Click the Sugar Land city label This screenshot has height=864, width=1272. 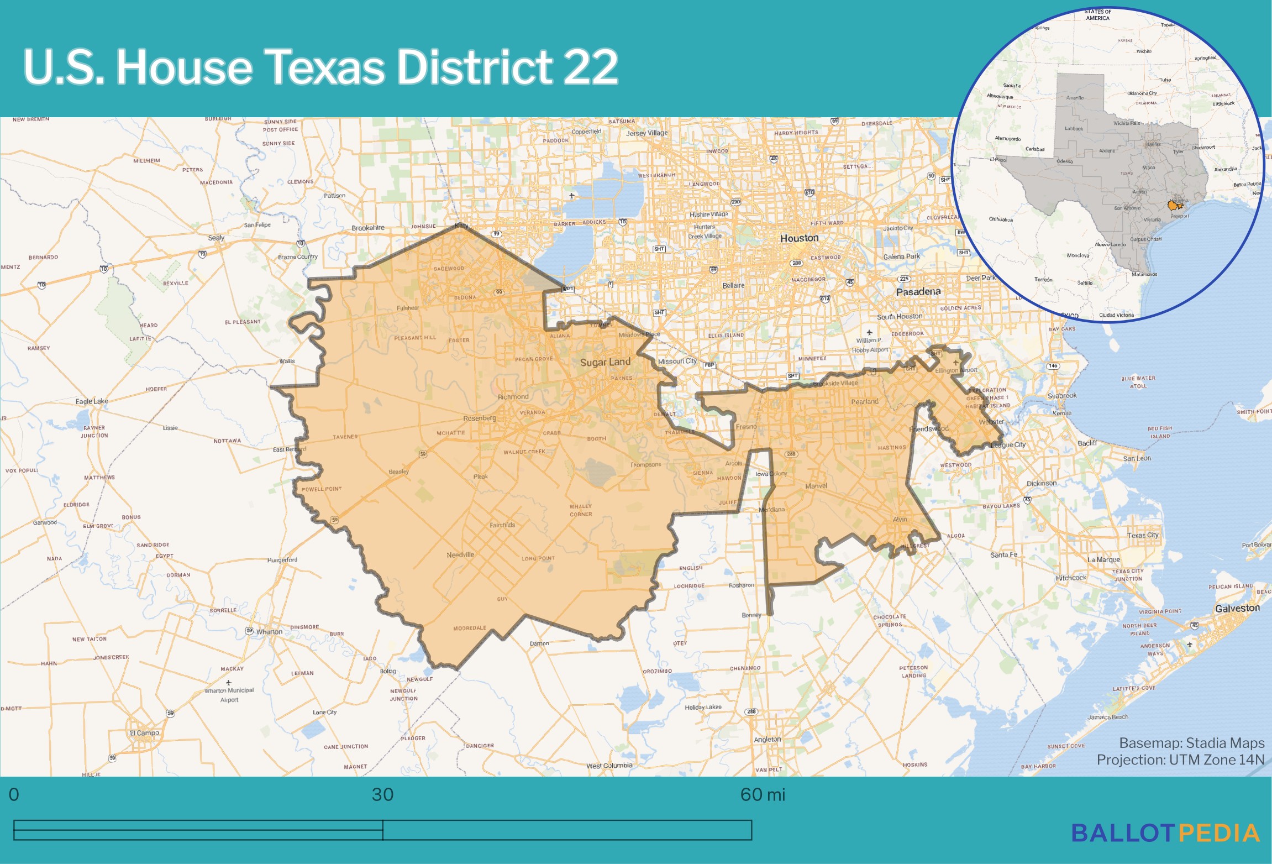click(x=605, y=362)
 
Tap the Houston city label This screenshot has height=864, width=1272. click(x=799, y=238)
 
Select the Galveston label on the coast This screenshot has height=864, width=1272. click(x=1237, y=608)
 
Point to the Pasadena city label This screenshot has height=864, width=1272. click(x=918, y=291)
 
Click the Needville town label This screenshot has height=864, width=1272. click(x=460, y=554)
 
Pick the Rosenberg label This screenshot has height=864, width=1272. click(x=479, y=418)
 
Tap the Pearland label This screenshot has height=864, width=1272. click(x=864, y=401)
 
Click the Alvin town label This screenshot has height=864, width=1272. click(x=900, y=519)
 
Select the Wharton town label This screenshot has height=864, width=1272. click(x=269, y=632)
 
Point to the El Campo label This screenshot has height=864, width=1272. click(x=144, y=733)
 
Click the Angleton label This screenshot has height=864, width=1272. click(x=768, y=739)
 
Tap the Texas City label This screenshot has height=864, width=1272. click(x=1143, y=535)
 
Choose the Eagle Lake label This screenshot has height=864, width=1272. click(x=92, y=401)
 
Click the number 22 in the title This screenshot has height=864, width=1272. click(x=591, y=67)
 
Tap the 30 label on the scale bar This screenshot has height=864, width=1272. click(x=382, y=794)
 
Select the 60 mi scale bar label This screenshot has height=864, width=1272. click(x=762, y=794)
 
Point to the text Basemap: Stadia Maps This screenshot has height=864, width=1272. click(x=1191, y=743)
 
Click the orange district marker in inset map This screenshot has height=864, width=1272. click(x=1173, y=206)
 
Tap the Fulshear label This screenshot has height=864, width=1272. click(x=408, y=308)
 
